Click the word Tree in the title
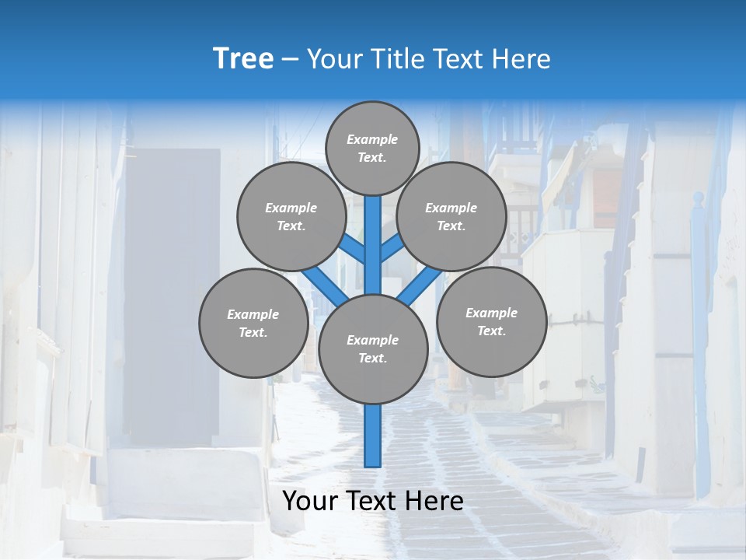click(243, 59)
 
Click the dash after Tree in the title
click(291, 60)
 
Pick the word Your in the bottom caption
click(311, 501)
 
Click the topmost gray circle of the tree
click(372, 148)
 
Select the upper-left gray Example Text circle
click(291, 216)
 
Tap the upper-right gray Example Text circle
click(451, 216)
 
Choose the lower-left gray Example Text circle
click(253, 323)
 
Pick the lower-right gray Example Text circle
click(491, 321)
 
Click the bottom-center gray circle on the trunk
click(373, 348)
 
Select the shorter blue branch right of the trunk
click(391, 248)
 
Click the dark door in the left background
click(173, 296)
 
